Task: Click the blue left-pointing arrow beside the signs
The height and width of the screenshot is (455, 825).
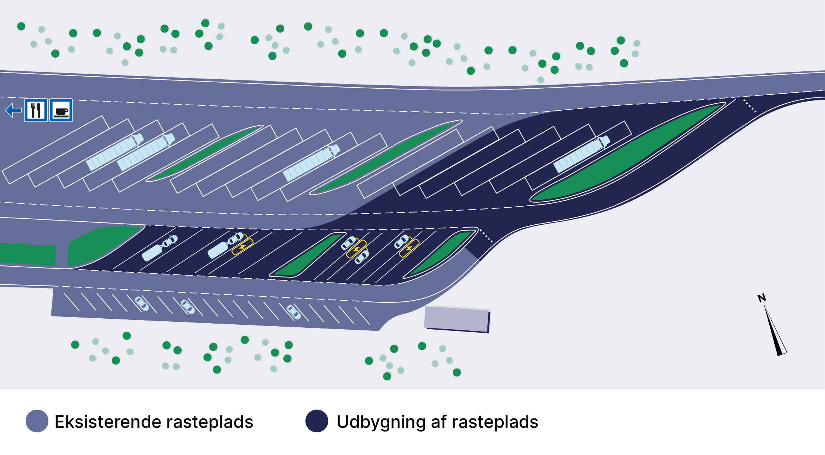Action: (x=14, y=110)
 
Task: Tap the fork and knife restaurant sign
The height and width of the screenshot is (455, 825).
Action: (x=36, y=110)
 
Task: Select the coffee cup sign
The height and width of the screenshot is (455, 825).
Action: (x=61, y=111)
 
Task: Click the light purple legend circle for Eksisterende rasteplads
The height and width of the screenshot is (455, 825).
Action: (x=37, y=421)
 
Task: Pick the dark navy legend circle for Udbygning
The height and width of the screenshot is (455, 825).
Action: (x=316, y=421)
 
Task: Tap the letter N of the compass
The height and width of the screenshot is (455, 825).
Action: (x=762, y=298)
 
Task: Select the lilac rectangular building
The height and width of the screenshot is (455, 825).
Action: (x=457, y=319)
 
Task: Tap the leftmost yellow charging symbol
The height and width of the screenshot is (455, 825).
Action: (x=242, y=247)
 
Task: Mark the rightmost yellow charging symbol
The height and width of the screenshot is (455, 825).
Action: (x=409, y=248)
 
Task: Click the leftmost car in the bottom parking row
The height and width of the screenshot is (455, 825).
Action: (x=142, y=304)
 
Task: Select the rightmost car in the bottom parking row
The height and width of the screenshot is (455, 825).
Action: (x=293, y=312)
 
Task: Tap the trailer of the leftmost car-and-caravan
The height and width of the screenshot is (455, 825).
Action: (x=152, y=253)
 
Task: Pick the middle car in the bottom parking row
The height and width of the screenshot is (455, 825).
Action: (x=188, y=307)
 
